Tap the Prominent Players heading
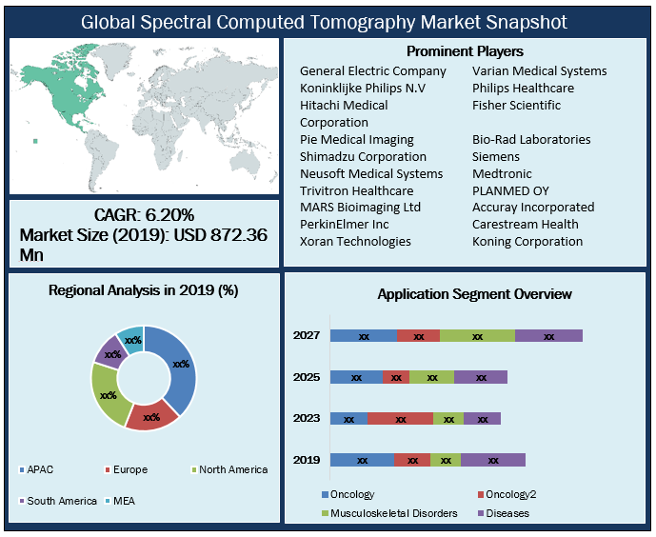tap(465, 51)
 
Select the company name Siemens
tap(496, 156)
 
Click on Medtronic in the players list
tap(502, 173)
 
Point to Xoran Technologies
tap(355, 242)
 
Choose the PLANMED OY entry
tap(510, 190)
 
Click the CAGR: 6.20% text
tap(144, 214)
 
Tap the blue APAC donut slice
tap(179, 363)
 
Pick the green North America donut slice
tap(108, 394)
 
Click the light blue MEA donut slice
tap(132, 340)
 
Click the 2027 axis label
tap(307, 335)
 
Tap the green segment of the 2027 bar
tap(477, 335)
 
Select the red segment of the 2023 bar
tap(400, 418)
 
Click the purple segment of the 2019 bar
tap(492, 460)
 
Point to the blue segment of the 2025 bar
tap(356, 377)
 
